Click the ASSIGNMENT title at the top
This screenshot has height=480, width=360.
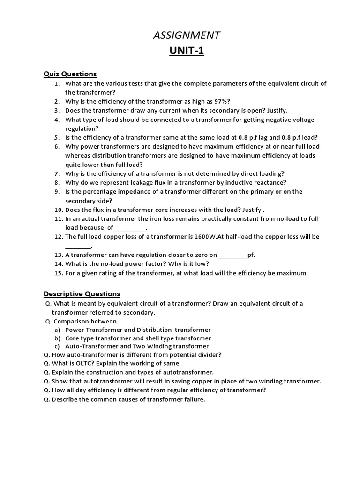pos(187,35)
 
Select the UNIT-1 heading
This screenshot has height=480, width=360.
pos(187,51)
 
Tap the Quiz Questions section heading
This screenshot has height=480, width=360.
pos(70,74)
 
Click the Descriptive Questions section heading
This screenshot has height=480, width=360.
pos(82,294)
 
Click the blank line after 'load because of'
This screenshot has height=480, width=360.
pos(130,228)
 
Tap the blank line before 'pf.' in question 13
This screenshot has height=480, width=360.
pos(233,255)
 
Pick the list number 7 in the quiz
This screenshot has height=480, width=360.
pos(56,173)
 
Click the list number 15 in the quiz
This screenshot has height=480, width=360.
pos(58,273)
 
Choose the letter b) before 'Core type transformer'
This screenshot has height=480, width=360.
pos(58,338)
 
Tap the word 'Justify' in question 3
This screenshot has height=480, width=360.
pos(277,111)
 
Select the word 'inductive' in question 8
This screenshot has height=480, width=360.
pos(234,182)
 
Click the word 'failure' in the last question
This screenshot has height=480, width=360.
pos(194,400)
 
